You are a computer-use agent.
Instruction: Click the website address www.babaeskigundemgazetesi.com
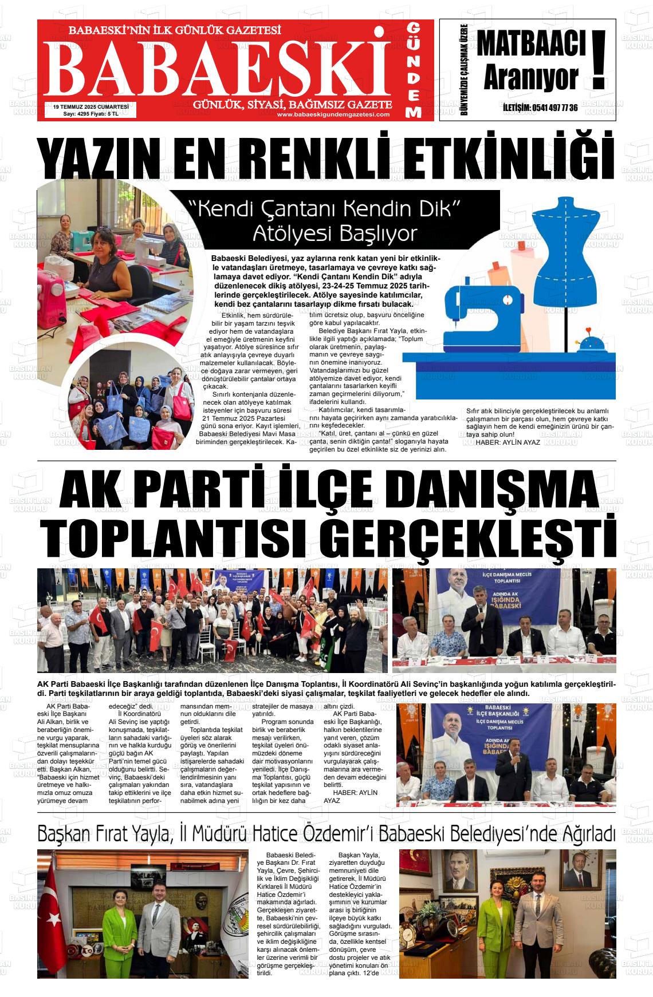[x=333, y=114]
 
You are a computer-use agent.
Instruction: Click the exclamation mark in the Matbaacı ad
[x=599, y=60]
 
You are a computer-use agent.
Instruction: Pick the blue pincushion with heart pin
[x=589, y=344]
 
